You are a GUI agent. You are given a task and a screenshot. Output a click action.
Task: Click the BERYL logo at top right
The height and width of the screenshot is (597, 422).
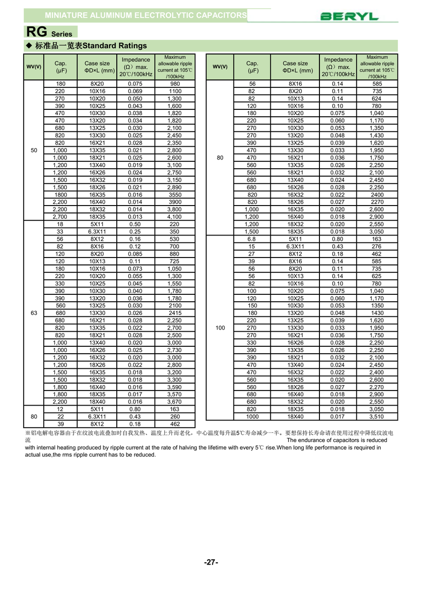point(349,17)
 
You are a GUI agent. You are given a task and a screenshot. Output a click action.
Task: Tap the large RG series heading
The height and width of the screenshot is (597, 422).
point(49,32)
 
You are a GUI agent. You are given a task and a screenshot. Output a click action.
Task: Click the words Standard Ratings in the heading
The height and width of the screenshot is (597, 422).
point(115,46)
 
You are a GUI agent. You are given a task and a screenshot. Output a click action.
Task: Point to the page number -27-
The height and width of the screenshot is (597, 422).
point(211,562)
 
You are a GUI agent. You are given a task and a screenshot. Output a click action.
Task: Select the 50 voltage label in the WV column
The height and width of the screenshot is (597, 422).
point(34,150)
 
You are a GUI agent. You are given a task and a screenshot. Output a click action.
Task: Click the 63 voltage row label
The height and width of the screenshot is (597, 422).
point(34,313)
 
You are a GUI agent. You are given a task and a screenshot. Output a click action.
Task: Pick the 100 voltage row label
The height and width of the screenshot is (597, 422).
point(220,328)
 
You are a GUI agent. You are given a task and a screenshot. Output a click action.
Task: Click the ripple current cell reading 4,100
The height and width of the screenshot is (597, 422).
point(175,217)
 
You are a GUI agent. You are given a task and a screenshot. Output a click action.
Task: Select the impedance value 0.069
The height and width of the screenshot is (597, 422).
point(135,91)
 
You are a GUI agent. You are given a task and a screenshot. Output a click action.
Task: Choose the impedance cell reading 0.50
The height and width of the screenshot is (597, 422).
point(135,224)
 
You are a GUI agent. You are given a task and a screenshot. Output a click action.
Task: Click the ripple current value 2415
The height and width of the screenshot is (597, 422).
point(175,313)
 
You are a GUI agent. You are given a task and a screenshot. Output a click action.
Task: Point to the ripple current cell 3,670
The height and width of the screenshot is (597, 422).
point(175,402)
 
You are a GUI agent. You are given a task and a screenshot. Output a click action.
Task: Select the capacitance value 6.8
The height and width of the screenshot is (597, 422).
point(252,239)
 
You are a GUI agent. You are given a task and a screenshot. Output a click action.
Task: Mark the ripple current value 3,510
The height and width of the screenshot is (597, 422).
point(376,416)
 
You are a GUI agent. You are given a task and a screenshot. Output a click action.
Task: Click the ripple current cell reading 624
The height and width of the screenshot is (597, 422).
point(376,99)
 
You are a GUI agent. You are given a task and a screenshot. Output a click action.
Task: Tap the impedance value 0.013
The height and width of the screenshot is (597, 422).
point(135,217)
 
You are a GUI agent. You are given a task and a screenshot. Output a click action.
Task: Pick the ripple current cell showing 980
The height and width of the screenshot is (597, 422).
point(175,84)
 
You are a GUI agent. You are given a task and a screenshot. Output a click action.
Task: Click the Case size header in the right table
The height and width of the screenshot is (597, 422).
point(295,67)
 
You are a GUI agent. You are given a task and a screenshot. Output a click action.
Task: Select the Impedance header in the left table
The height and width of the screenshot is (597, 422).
point(135,67)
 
